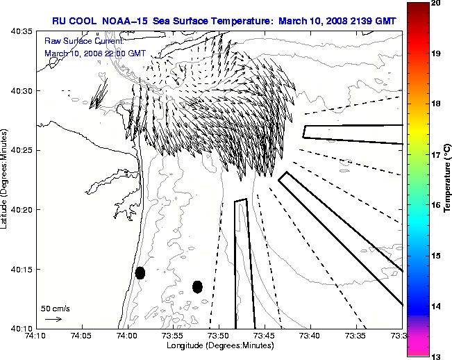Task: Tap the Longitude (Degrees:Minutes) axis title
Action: point(219,345)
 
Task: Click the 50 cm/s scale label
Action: point(55,308)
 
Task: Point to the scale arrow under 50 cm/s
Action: point(53,319)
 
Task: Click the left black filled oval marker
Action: point(140,272)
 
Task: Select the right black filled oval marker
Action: point(197,286)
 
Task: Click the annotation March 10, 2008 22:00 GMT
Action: point(94,52)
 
